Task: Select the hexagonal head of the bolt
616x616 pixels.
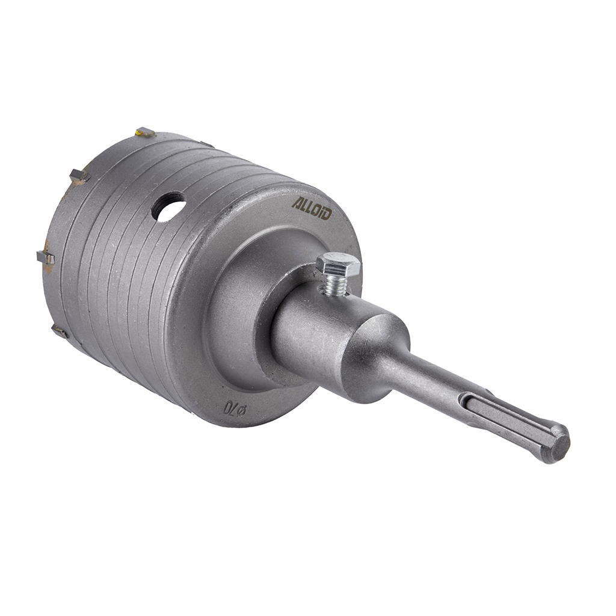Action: click(338, 265)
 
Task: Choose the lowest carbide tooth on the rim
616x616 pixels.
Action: click(60, 331)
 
